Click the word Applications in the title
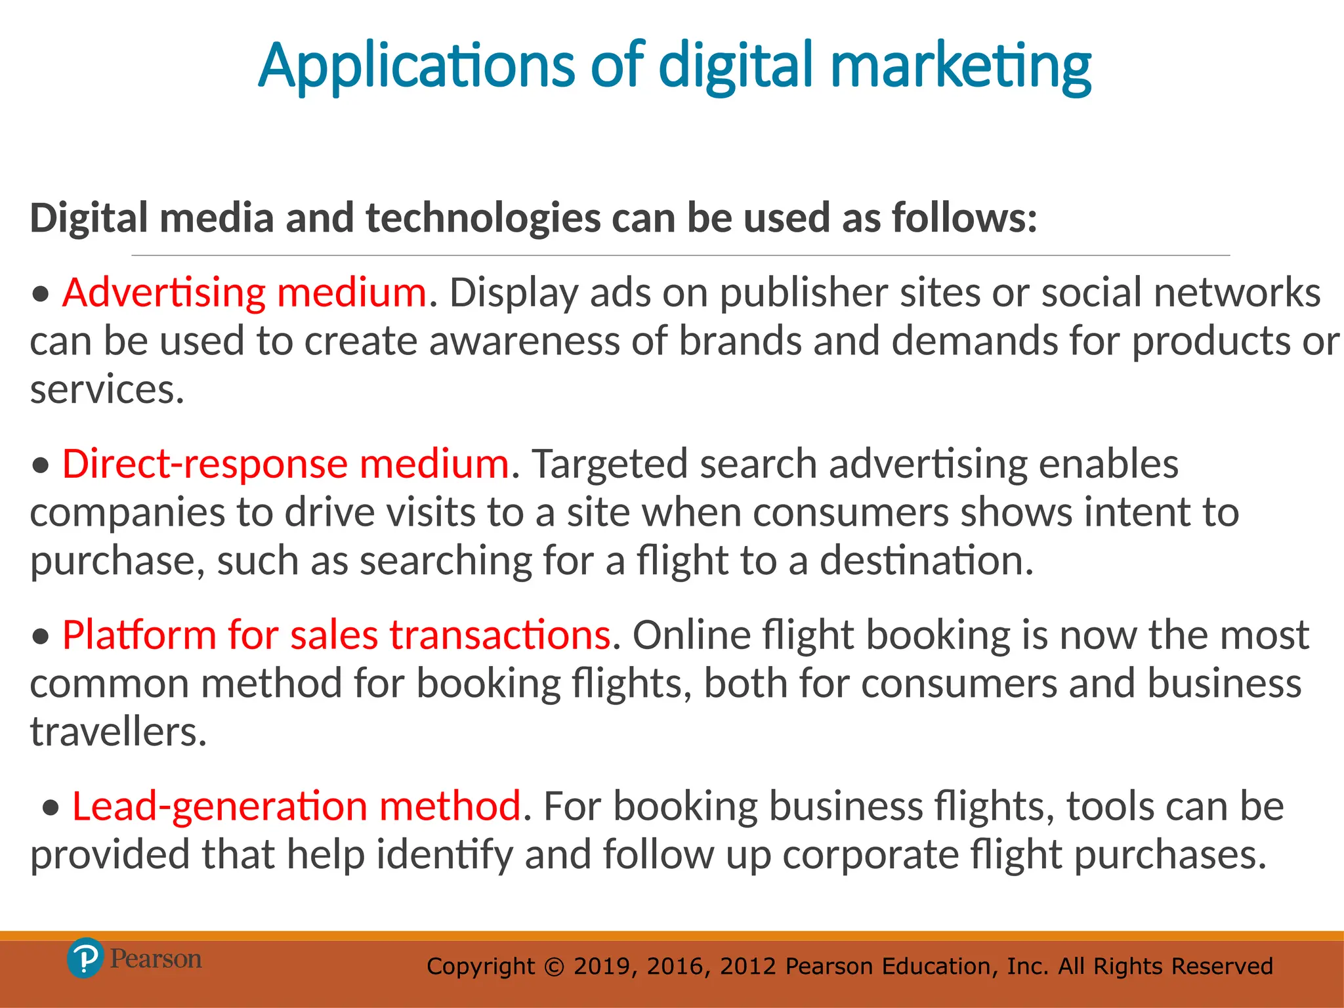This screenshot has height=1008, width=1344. click(416, 67)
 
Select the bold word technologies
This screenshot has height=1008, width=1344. click(483, 218)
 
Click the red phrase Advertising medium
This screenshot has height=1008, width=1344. click(245, 293)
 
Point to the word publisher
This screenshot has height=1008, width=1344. click(804, 293)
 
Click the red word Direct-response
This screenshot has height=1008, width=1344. click(204, 464)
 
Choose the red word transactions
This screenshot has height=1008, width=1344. click(500, 635)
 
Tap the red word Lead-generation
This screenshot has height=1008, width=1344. click(219, 807)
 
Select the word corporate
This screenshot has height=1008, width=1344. click(870, 855)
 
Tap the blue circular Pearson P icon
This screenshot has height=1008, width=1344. click(85, 959)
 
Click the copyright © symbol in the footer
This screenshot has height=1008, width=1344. click(555, 967)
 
